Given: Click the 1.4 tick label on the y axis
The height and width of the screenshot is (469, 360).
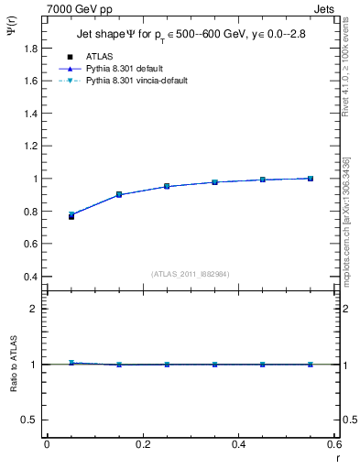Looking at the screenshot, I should (x=29, y=130).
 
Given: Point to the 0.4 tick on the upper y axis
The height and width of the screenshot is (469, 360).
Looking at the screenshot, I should (x=29, y=277).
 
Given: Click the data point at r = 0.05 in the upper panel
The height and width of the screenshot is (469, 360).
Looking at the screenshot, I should (x=71, y=216).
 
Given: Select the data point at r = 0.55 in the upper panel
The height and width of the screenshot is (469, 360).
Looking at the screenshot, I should (x=311, y=179).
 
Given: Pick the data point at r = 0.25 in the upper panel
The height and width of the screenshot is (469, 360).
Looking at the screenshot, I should (x=167, y=186).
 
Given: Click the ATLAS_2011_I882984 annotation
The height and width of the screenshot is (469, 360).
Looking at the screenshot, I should (x=190, y=273).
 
